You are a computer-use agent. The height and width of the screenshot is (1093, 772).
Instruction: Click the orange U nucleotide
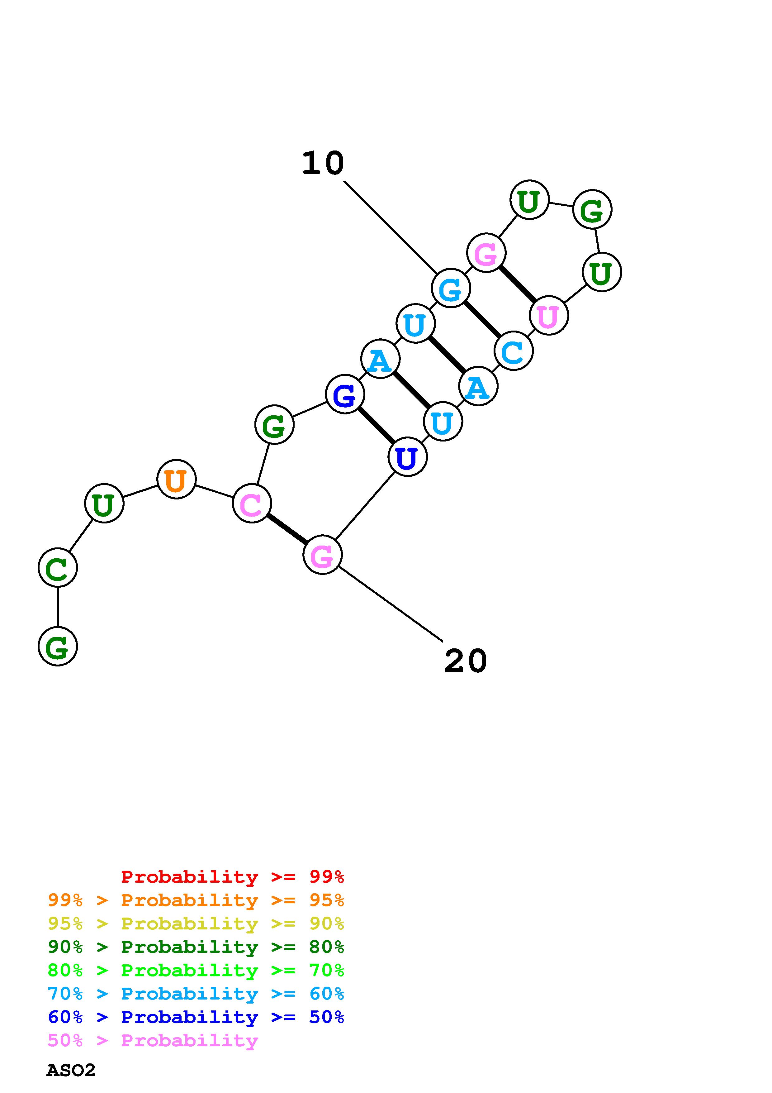tap(176, 480)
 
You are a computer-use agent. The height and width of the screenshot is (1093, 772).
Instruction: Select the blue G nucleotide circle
tap(345, 394)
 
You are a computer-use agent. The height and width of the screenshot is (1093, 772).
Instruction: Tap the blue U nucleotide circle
tap(407, 457)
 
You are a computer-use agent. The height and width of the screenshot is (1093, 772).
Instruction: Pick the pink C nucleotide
tap(252, 503)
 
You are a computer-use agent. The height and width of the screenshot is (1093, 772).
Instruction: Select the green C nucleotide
tap(58, 567)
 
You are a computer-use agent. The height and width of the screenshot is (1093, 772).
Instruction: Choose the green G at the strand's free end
tap(58, 646)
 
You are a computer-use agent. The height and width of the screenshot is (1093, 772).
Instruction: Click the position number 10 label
tap(323, 163)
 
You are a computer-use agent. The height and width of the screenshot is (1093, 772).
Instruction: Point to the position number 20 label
tap(465, 661)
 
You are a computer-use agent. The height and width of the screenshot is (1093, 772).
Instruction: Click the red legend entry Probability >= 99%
tap(232, 877)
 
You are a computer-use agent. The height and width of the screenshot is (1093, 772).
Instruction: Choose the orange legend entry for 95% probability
tap(196, 900)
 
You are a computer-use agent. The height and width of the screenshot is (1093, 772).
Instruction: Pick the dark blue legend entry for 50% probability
tap(196, 1017)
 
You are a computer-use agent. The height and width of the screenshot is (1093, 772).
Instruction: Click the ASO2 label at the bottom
tap(71, 1071)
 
